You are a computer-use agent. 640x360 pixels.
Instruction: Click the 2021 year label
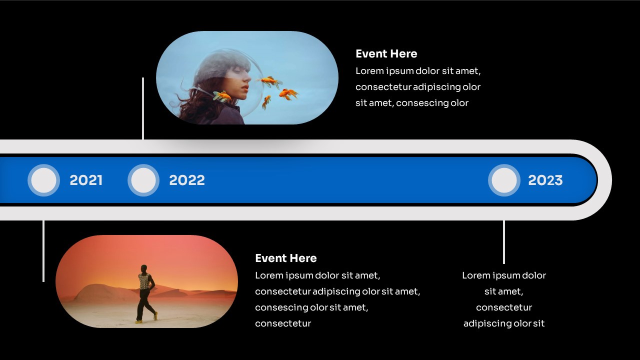coord(86,180)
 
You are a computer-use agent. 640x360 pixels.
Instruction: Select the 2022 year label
coord(187,180)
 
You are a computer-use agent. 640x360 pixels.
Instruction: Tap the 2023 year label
coord(545,180)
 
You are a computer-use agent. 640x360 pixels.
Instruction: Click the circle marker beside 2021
coord(43,180)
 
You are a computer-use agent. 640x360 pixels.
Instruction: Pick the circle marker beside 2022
coord(143,180)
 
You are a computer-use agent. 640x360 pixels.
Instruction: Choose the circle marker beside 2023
coord(504,180)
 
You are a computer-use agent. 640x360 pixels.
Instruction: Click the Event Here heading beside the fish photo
coord(386,53)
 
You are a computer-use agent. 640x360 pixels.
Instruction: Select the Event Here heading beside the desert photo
coord(286,258)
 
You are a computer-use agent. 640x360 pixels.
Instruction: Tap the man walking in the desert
coord(146,293)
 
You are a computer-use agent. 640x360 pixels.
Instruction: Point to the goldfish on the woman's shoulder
coord(222,96)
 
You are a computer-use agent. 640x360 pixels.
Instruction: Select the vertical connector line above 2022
coord(143,108)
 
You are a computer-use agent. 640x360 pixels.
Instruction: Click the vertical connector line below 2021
coord(43,251)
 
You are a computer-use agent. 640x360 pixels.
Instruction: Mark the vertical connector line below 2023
coord(503,242)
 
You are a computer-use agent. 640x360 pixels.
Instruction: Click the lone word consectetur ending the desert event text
coord(283,323)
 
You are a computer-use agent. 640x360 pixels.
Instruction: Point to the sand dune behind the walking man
coord(103,292)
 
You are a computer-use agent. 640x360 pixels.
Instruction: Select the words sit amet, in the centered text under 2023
coord(503,291)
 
